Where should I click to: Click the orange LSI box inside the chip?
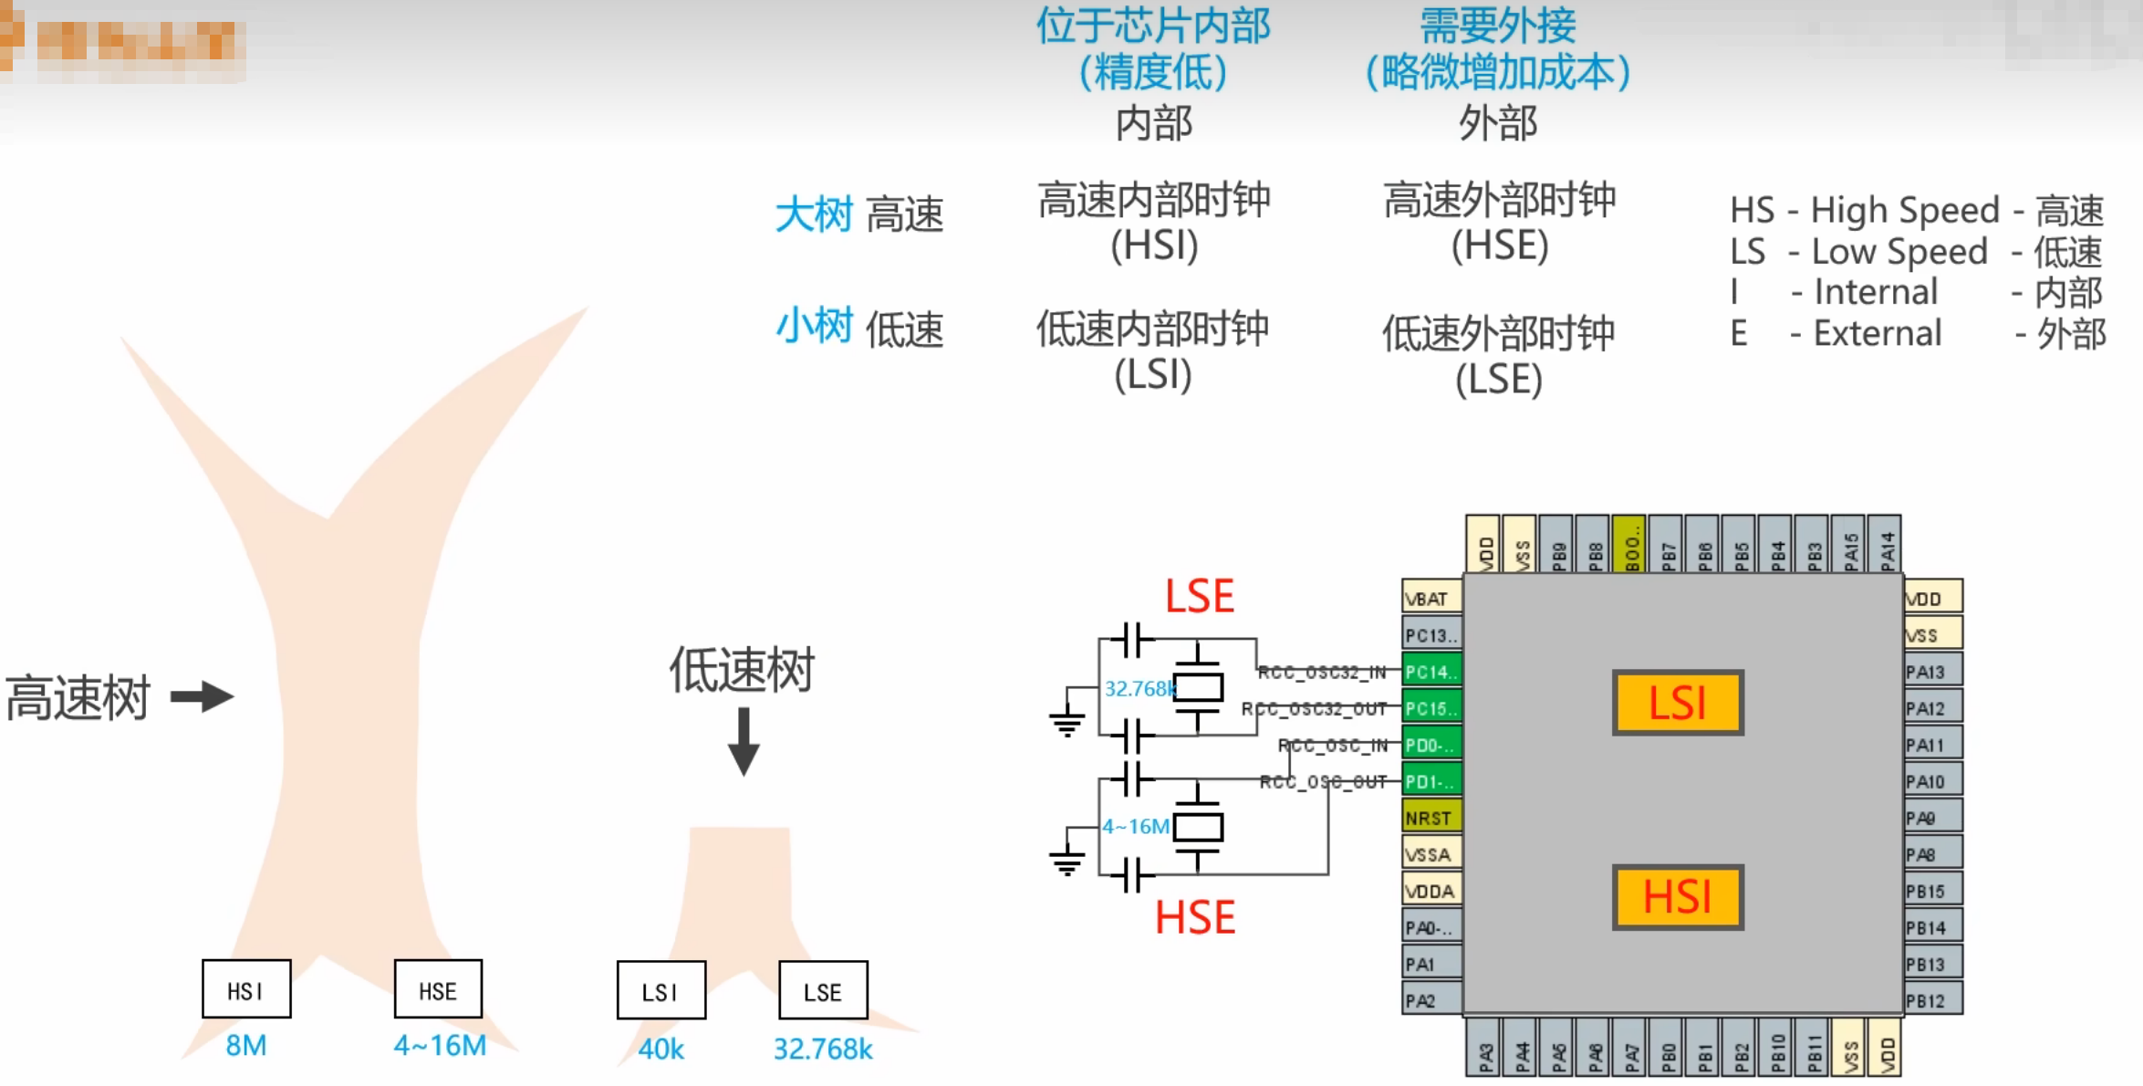click(1677, 703)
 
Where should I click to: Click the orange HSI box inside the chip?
click(1677, 897)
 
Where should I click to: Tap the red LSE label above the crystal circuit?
click(1199, 597)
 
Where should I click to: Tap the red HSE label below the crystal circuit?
click(1195, 917)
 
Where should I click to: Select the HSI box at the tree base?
click(246, 989)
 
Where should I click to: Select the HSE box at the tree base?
click(438, 989)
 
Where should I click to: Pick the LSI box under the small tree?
click(661, 990)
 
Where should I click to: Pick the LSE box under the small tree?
click(822, 990)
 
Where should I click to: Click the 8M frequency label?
click(246, 1046)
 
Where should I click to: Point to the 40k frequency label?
click(661, 1049)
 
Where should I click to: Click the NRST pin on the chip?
click(1430, 818)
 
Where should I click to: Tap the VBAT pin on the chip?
click(1430, 599)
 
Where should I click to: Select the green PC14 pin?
click(1430, 672)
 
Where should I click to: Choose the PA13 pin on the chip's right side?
click(1930, 672)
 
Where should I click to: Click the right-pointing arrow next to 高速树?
click(203, 697)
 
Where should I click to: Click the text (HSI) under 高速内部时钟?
click(1154, 245)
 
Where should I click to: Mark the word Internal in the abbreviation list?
click(1875, 292)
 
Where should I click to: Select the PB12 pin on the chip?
click(1930, 1001)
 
